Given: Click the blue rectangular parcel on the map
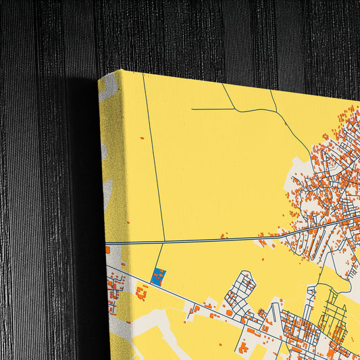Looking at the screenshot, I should pos(159,277).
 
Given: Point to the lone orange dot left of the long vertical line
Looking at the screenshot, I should pos(142,138).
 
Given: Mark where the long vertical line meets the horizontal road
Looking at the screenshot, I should pos(164,242).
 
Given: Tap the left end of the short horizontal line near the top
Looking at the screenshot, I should pos(192,108).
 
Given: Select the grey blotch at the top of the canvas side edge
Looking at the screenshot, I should pos(108,91).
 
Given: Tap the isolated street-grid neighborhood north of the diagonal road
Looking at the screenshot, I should pos(240,290).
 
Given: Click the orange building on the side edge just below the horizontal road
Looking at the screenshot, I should pos(107,250).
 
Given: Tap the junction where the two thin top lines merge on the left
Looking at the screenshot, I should pos(236,109).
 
